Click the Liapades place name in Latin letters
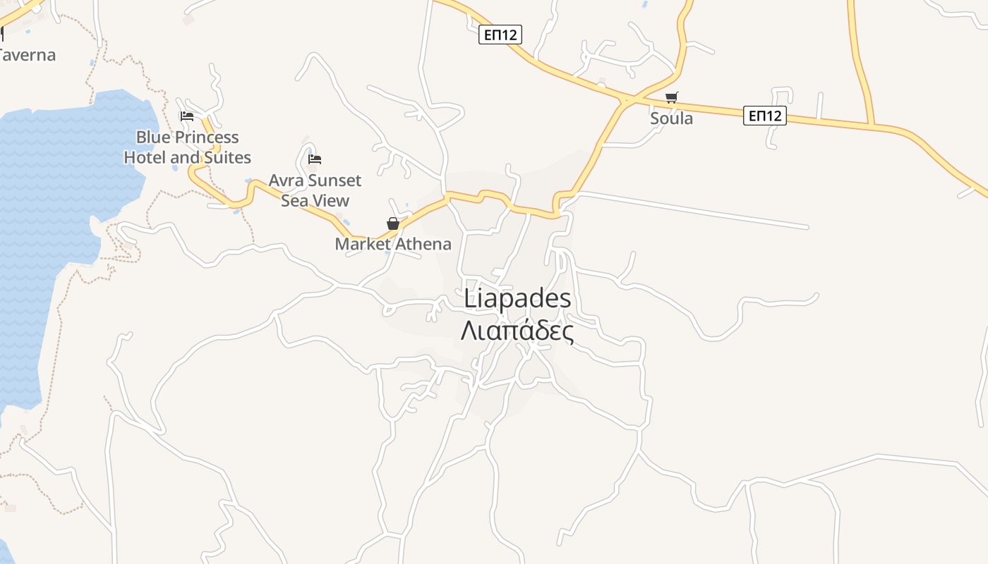click(517, 299)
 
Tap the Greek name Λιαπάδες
click(517, 330)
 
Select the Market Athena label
click(392, 244)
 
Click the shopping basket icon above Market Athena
click(393, 223)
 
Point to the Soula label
click(671, 118)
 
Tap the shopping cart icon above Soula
click(671, 97)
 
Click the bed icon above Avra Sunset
click(315, 159)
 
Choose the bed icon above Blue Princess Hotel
click(187, 116)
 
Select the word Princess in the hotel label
click(207, 137)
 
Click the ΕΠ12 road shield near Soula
click(765, 116)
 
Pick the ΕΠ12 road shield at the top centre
click(500, 35)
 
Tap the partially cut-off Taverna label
click(27, 55)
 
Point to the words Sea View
click(315, 200)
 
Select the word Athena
click(422, 244)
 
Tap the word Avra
click(286, 180)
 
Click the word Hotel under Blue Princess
click(145, 157)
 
